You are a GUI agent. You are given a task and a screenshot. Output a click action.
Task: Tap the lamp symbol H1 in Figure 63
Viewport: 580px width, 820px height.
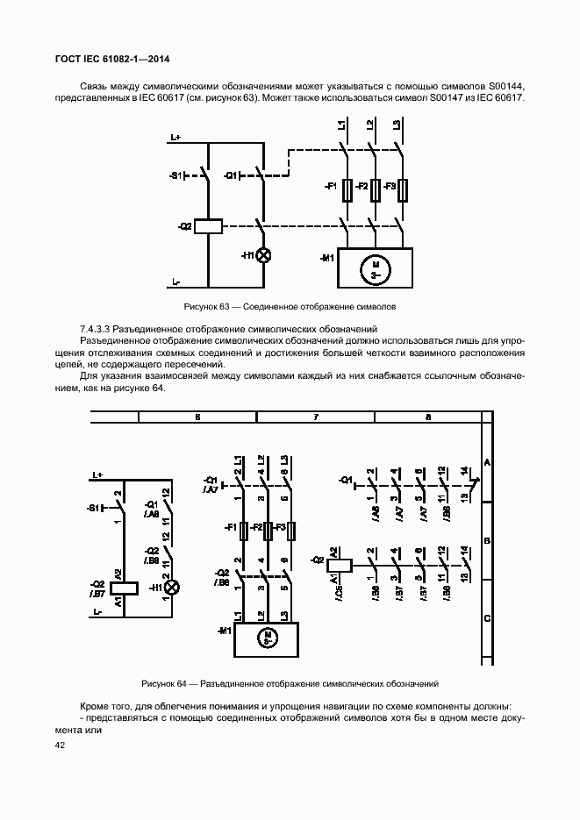pos(261,255)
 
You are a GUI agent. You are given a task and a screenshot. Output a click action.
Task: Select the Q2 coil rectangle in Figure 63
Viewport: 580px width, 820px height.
pos(207,226)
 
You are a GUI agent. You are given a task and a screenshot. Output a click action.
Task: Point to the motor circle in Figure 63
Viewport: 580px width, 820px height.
pos(375,268)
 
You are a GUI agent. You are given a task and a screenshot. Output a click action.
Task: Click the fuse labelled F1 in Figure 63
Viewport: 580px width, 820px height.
pos(349,189)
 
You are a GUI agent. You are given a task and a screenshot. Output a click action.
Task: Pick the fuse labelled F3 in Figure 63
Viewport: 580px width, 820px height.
pos(402,189)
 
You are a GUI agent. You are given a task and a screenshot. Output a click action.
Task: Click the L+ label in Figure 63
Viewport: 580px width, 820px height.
pos(175,138)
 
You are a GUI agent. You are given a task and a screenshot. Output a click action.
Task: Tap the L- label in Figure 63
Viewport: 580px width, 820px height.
pos(175,282)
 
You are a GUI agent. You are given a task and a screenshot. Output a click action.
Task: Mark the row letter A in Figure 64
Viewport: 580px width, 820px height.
pos(487,462)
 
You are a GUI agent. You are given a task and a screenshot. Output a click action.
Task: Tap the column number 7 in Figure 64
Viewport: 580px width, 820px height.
pos(315,417)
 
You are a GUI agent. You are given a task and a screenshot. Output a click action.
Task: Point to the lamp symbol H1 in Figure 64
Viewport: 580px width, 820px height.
pos(173,587)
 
